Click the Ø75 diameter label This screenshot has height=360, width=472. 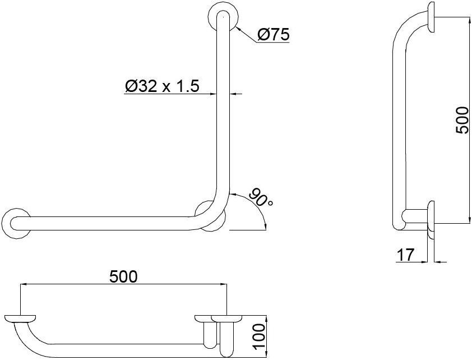click(273, 35)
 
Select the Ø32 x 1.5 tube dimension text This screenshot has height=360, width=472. click(163, 86)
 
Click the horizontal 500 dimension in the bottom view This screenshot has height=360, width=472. click(123, 276)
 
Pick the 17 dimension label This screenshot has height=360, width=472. click(405, 255)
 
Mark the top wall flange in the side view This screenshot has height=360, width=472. click(431, 17)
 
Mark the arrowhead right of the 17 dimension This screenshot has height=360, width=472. click(438, 261)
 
